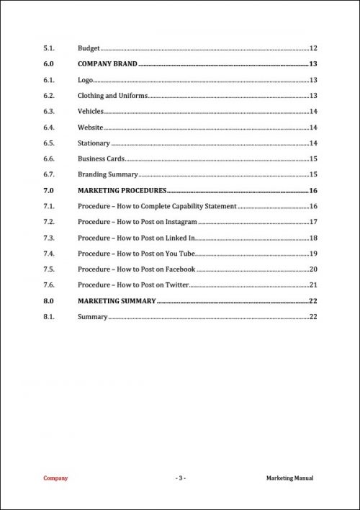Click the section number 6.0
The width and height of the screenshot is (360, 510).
48,64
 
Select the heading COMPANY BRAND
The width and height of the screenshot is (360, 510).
107,64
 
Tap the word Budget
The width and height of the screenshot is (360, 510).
89,48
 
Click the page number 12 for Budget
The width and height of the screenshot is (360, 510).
313,48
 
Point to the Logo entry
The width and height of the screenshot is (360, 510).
85,80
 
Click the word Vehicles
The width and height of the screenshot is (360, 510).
91,112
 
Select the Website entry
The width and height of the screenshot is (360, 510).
90,127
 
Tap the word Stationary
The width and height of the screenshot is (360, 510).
94,143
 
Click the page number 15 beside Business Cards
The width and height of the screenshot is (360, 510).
313,158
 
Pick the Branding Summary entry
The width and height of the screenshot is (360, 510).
107,174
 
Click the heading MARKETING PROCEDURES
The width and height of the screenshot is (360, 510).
122,190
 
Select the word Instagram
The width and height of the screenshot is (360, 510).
181,222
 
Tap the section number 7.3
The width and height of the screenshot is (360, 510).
49,238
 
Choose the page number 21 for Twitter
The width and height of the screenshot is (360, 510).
313,285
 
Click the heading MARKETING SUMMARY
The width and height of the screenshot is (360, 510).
116,301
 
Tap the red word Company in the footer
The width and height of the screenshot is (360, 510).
55,478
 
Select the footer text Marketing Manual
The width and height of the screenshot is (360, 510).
289,478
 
